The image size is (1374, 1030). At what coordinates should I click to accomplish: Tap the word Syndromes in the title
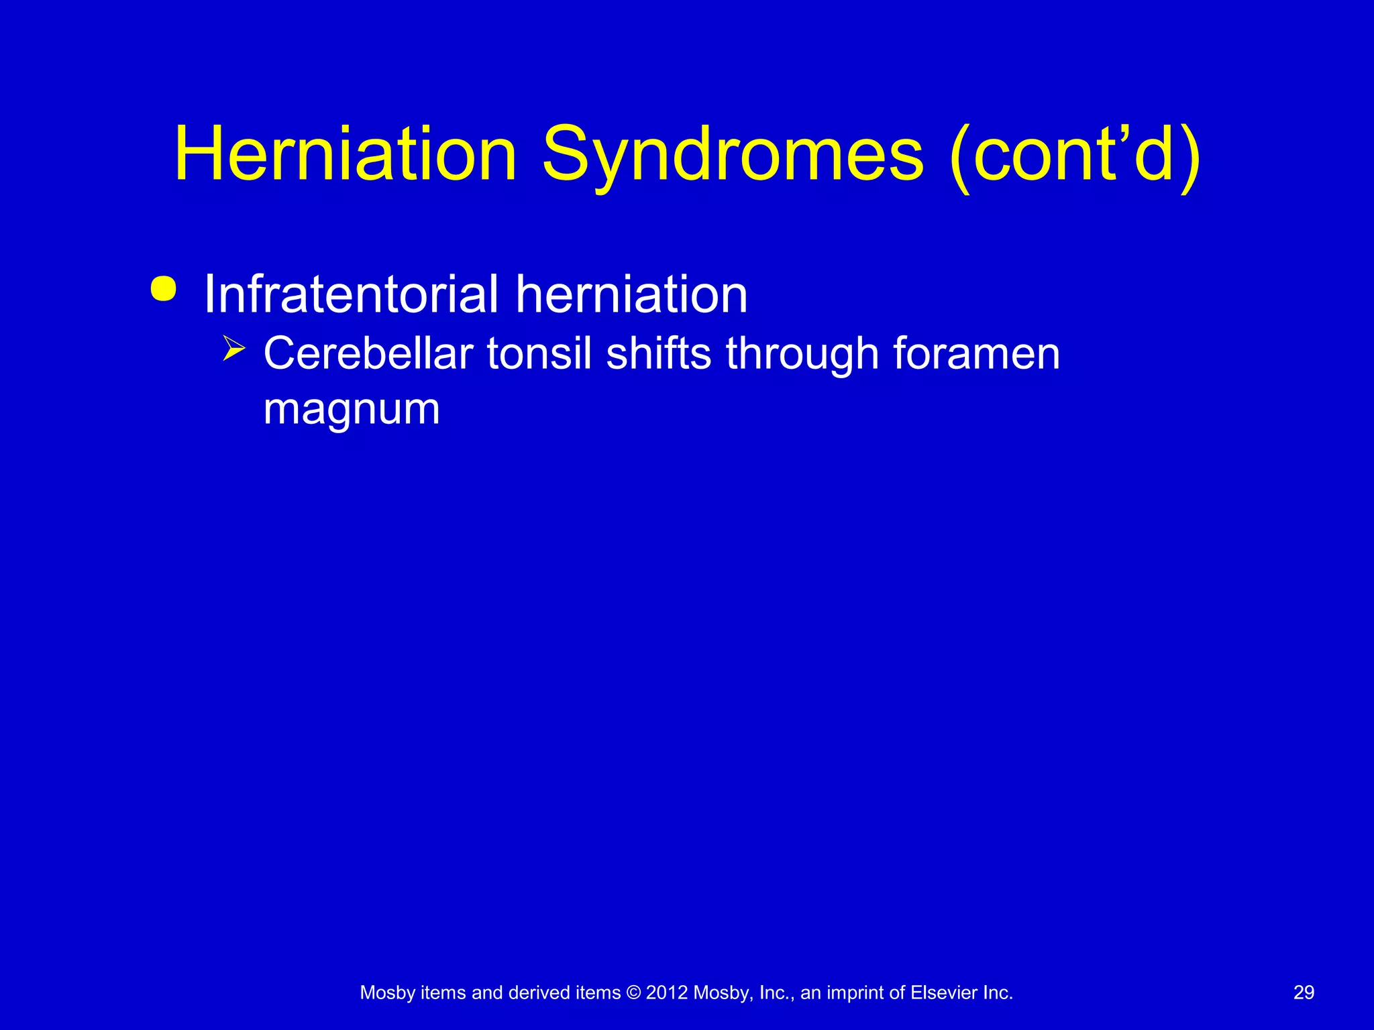[733, 156]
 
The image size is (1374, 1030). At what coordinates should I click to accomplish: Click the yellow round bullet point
[164, 289]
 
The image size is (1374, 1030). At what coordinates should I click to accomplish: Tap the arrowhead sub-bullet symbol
[233, 349]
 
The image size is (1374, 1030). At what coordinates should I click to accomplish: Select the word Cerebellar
[368, 353]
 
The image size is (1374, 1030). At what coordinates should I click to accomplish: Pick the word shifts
[658, 353]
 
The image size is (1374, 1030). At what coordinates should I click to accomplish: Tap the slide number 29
[1304, 992]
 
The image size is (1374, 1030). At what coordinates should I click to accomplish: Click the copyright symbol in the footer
[633, 993]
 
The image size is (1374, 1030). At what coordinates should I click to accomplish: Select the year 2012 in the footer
[667, 993]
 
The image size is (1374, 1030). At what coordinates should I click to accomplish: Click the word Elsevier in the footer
[943, 993]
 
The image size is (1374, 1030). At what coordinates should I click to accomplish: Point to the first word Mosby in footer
[388, 993]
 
